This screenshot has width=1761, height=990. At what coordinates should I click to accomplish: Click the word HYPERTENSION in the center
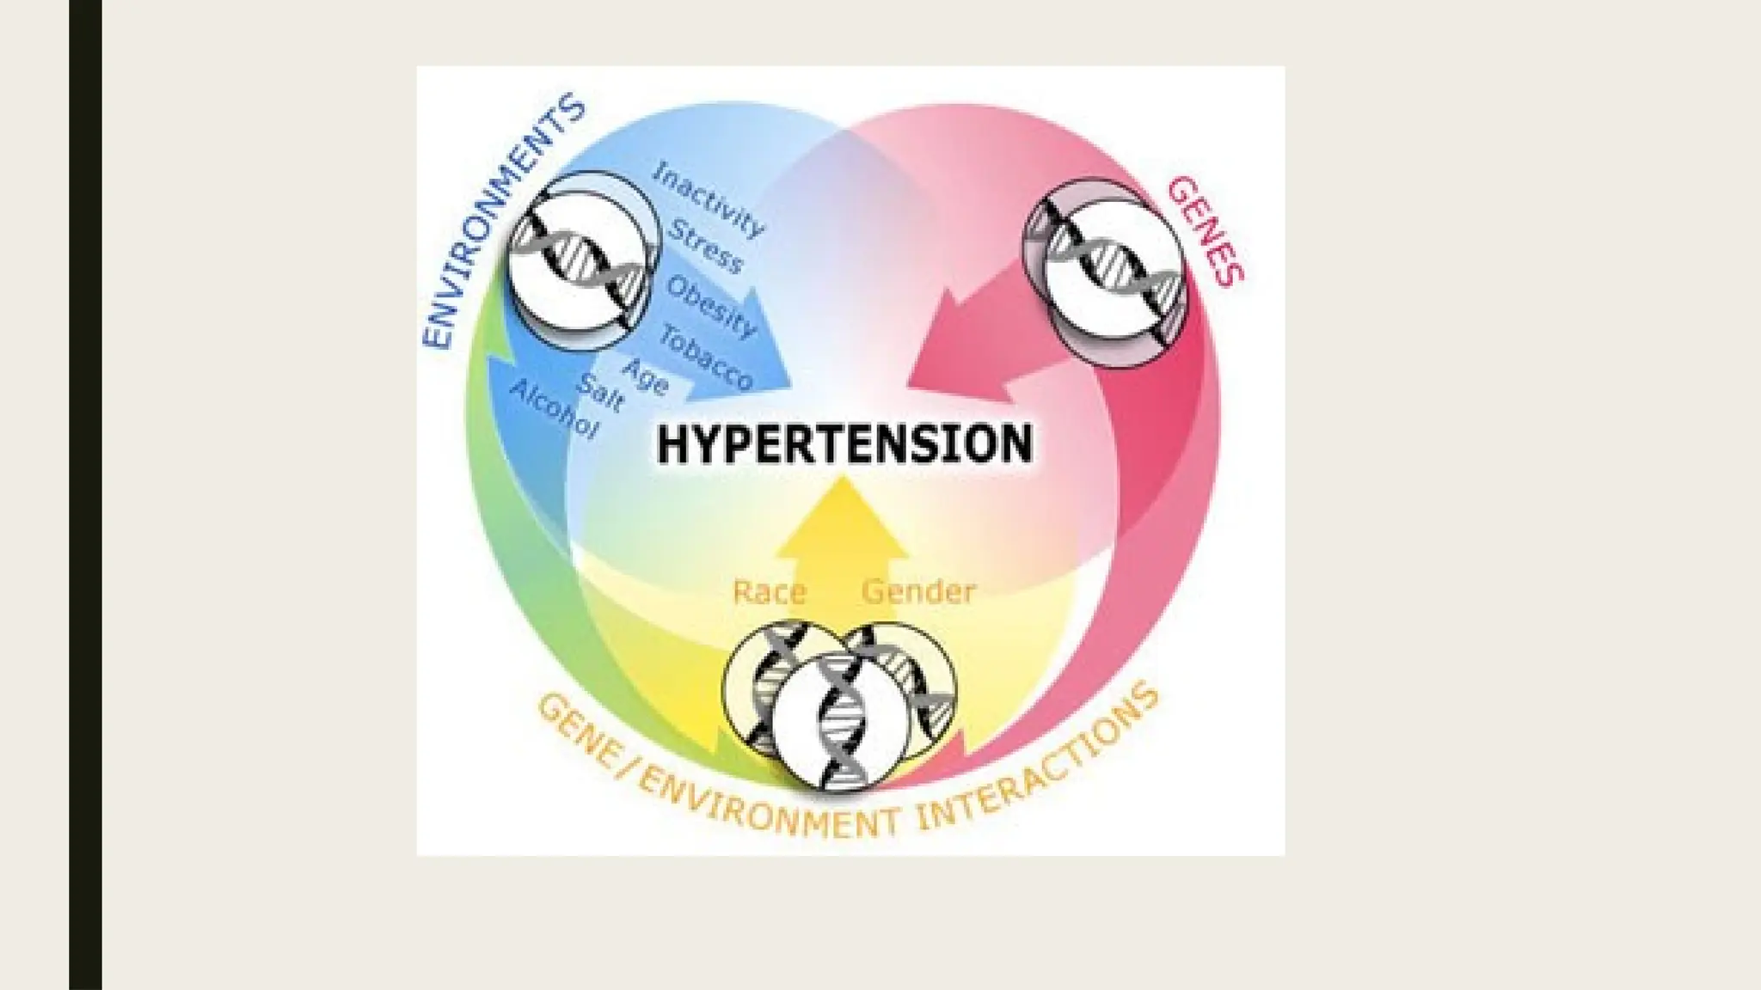click(844, 444)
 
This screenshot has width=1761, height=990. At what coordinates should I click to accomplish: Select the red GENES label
click(1206, 229)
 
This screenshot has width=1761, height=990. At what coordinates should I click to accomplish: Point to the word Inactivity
click(708, 199)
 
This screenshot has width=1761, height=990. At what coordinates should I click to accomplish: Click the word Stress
click(705, 246)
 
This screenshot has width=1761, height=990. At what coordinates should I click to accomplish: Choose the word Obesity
click(711, 307)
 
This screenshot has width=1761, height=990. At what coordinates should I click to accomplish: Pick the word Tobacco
click(706, 356)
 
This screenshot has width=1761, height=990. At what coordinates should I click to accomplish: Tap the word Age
click(646, 376)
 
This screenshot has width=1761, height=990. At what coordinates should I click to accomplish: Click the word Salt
click(600, 393)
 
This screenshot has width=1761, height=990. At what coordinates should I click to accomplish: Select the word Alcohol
click(554, 409)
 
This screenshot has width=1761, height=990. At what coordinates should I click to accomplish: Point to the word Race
click(769, 592)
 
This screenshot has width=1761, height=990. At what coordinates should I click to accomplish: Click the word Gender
click(918, 592)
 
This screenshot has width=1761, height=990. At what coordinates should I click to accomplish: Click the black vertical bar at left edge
click(85, 495)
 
